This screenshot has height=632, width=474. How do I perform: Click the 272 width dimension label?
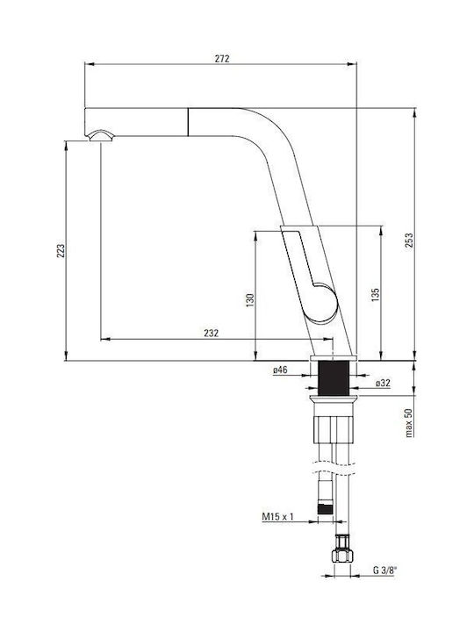[222, 59]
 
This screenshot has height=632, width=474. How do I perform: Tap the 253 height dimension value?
[409, 241]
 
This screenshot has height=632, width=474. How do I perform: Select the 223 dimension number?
[61, 251]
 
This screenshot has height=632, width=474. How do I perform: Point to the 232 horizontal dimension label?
[212, 333]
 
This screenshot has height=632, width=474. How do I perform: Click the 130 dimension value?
[250, 300]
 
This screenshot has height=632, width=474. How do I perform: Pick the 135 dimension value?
[375, 295]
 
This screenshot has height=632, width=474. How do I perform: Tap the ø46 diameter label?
[280, 370]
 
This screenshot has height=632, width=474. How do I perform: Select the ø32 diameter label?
[383, 384]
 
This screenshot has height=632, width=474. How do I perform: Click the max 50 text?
[409, 423]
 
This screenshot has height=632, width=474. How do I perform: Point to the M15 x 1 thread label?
[278, 516]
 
